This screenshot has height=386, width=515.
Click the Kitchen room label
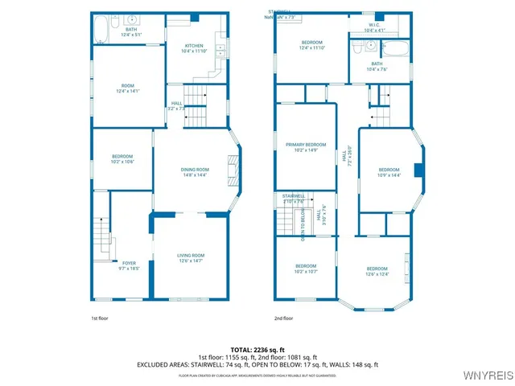coord(194,48)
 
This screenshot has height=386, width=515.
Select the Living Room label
coord(191,257)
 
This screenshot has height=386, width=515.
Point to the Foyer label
coord(129,265)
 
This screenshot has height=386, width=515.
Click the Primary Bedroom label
coord(306,147)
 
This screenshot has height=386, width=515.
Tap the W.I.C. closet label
coord(375,28)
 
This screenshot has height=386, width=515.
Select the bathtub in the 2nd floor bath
coord(396,48)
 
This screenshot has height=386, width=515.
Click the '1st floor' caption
coord(99,318)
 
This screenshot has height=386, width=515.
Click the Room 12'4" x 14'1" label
coord(129,88)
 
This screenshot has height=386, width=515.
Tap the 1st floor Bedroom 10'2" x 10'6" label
coord(122,158)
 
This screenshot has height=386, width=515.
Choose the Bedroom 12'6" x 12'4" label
coord(377,271)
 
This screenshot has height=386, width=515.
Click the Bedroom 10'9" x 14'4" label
coord(389,172)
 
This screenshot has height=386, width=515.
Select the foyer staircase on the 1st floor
coord(99,233)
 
